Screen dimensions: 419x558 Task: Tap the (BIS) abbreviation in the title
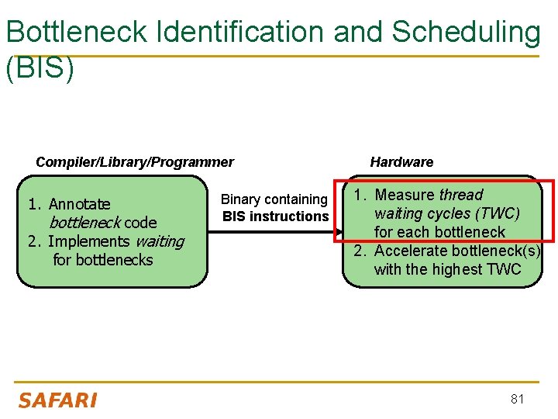[x=40, y=68]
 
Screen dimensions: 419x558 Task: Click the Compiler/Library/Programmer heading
[x=135, y=162]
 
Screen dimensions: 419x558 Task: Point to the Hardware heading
[x=401, y=162]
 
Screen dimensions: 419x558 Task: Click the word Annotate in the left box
[x=79, y=204]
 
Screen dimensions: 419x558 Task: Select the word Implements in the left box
[x=89, y=241]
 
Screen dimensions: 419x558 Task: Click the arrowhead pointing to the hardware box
[x=337, y=231]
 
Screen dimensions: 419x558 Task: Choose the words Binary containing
[x=274, y=199]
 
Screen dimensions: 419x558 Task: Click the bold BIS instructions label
[x=276, y=216]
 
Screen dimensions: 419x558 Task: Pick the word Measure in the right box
[x=405, y=195]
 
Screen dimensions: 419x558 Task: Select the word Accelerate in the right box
[x=412, y=251]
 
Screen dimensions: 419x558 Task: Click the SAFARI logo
[x=57, y=400]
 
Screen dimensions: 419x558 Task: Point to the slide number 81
[x=518, y=399]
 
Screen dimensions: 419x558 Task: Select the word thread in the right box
[x=461, y=195]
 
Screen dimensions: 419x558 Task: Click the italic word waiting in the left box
[x=160, y=241]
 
